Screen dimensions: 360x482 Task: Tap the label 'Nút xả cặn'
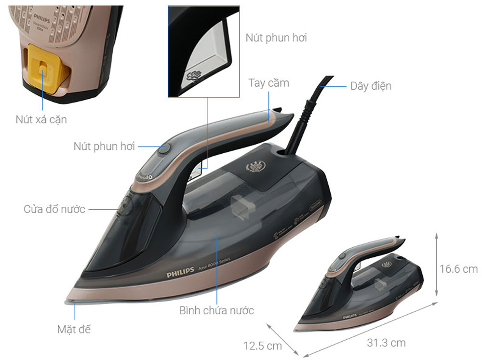click(41, 120)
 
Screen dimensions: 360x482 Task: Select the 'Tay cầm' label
click(268, 83)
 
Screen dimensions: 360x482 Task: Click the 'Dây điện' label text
click(370, 86)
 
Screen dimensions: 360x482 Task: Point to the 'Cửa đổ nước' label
click(54, 209)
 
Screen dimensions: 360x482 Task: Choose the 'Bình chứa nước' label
click(216, 310)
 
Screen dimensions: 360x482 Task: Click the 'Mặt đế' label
click(74, 330)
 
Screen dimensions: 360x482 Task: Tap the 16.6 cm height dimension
click(458, 268)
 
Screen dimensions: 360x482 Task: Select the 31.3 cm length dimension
click(386, 343)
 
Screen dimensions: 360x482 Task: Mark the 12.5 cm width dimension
click(262, 346)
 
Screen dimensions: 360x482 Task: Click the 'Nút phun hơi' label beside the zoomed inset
click(276, 38)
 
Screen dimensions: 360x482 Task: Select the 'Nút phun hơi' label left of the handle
click(104, 146)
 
